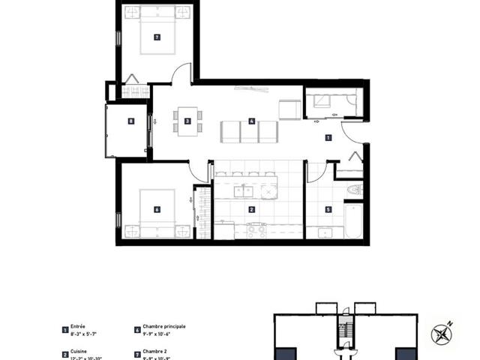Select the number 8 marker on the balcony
click(x=131, y=121)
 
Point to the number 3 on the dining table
click(x=187, y=120)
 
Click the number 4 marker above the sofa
click(x=252, y=120)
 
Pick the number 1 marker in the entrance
click(x=328, y=138)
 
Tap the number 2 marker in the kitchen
click(x=252, y=210)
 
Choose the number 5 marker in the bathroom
click(x=328, y=210)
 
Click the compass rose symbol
click(x=443, y=332)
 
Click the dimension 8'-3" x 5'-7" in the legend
click(x=84, y=333)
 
